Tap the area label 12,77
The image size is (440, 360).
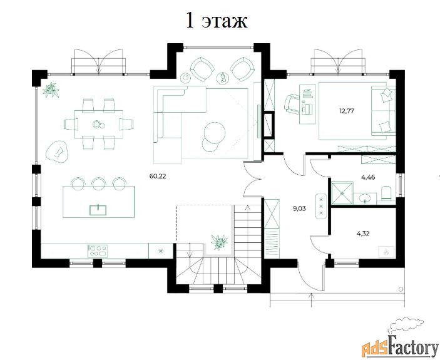[347, 111]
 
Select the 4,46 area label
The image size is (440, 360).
[369, 177]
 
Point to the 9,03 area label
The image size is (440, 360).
[299, 208]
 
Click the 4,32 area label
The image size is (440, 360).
[364, 234]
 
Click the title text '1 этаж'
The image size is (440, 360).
[217, 21]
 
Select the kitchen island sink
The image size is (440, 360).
[98, 210]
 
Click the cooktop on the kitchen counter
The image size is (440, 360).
[98, 251]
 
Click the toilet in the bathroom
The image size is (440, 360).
[387, 193]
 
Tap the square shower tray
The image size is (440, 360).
[342, 193]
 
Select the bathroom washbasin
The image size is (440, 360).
[366, 198]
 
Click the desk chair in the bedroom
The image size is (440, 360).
[293, 105]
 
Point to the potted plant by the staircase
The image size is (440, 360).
[220, 242]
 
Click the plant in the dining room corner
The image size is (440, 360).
[51, 90]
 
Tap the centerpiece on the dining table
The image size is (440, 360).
[96, 124]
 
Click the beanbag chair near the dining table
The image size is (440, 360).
[57, 152]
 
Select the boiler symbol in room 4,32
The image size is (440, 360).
[386, 252]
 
